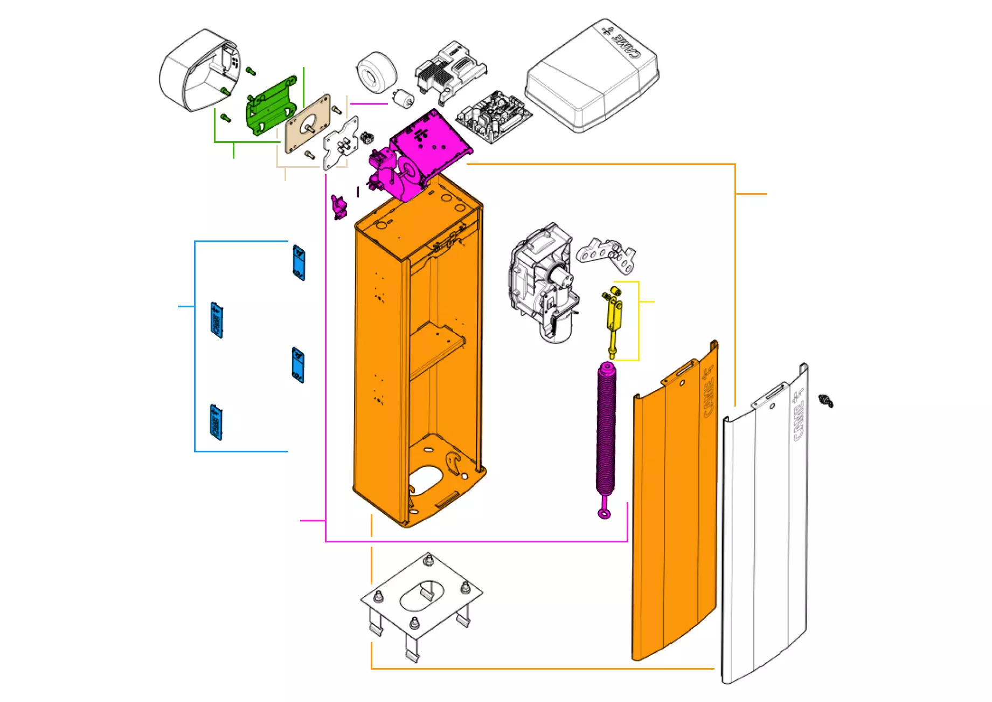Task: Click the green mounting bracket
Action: pos(271,104)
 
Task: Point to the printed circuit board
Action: pos(493,116)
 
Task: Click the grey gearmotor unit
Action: pos(542,280)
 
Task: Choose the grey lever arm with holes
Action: pos(606,253)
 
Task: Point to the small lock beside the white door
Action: pos(825,401)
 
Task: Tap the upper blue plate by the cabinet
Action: pos(299,263)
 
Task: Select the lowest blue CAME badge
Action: pos(216,422)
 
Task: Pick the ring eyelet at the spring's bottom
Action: pos(605,513)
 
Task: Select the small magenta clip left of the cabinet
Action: pos(339,207)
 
